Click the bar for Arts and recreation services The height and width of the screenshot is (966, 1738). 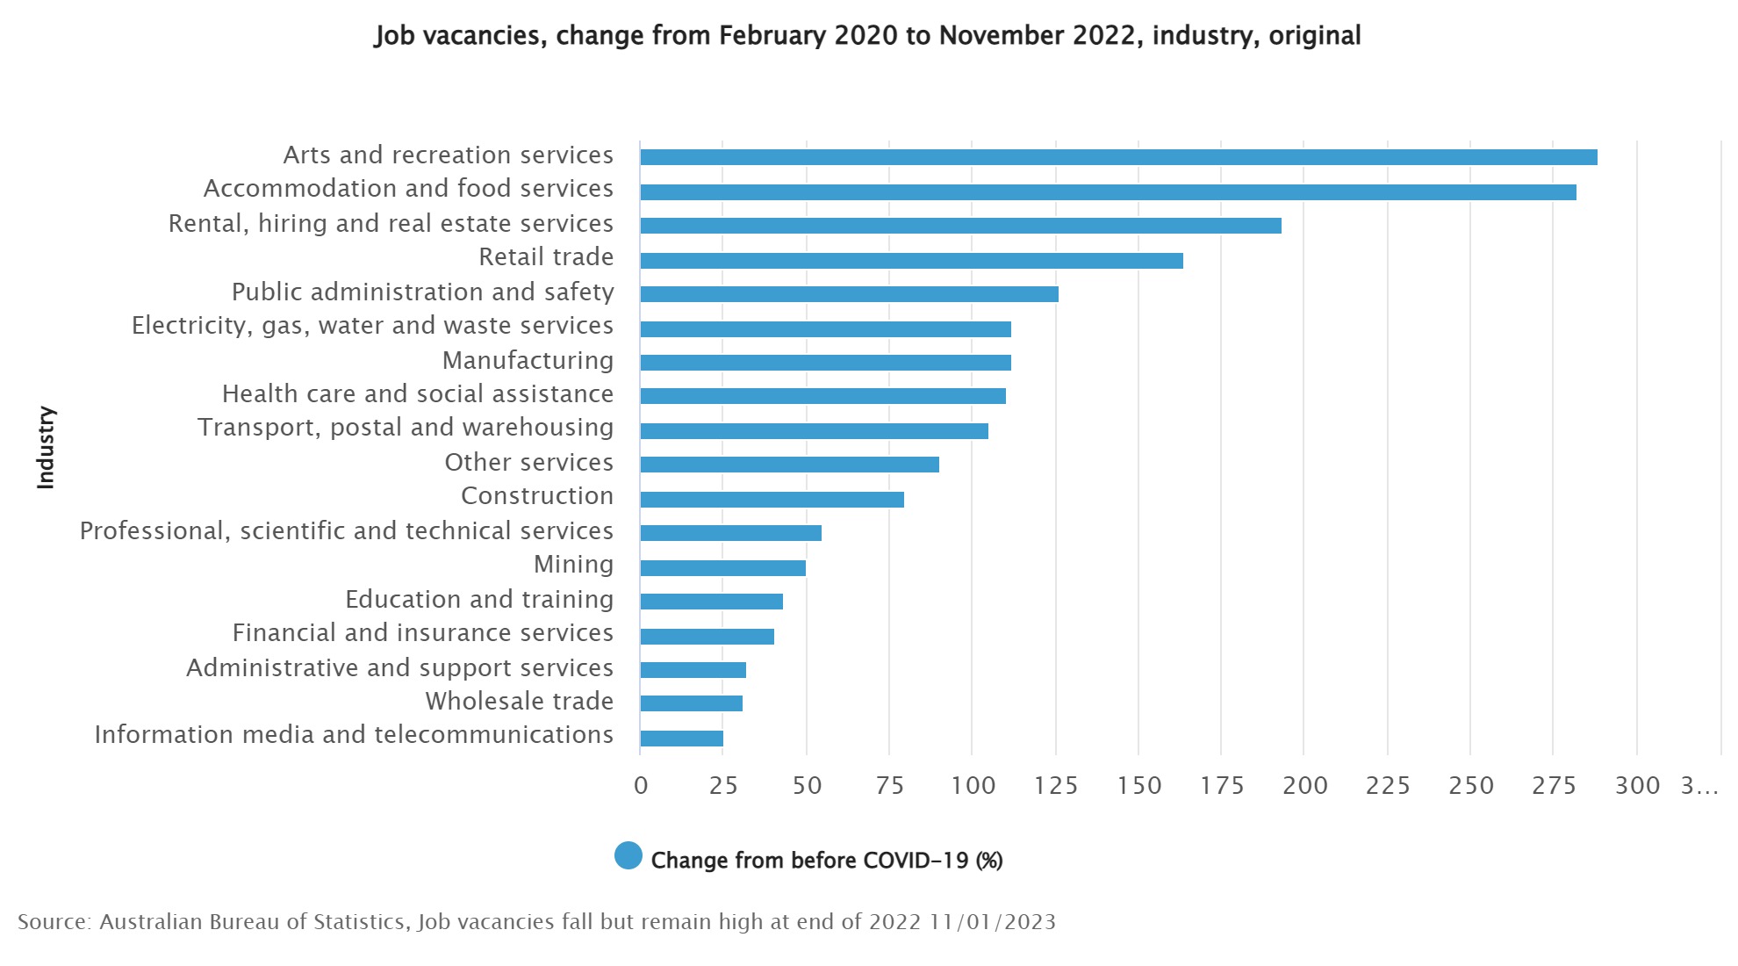tap(1118, 157)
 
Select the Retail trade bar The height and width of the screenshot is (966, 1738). tap(911, 261)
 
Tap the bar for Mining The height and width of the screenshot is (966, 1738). tap(722, 568)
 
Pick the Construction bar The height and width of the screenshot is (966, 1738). tap(772, 500)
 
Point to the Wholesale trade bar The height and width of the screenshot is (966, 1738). tap(691, 703)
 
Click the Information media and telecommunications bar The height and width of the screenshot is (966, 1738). tap(681, 739)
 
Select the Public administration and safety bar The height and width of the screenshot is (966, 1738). tap(849, 294)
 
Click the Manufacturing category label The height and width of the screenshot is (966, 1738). tap(528, 360)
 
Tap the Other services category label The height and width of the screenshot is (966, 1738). tap(528, 462)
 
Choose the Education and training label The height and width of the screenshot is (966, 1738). tap(479, 599)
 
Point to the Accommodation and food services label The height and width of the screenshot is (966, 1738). tap(408, 188)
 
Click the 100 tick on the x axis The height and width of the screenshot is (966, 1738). tap(973, 785)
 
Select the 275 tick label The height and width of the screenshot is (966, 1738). tap(1554, 785)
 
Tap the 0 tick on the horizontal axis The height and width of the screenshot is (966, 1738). tap(641, 785)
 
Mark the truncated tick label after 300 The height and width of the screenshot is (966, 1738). tap(1699, 785)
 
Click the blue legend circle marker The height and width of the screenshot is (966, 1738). tap(628, 855)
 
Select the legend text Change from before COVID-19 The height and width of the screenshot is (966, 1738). tap(826, 860)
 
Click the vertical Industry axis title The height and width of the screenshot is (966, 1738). tap(46, 447)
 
